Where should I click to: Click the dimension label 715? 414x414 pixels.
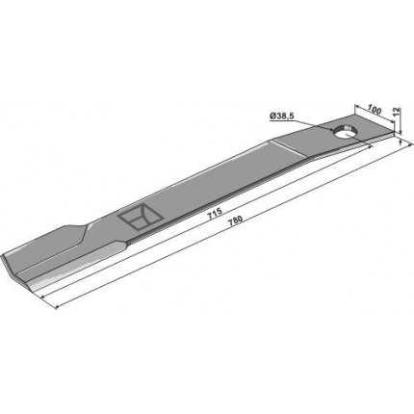tap(215, 214)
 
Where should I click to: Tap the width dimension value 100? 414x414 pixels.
tap(375, 111)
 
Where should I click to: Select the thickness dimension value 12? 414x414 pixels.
tap(397, 112)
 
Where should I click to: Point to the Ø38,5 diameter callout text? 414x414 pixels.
tap(282, 116)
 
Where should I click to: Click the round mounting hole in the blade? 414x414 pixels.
tap(344, 132)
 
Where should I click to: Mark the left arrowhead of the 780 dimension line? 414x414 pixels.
tap(58, 307)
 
